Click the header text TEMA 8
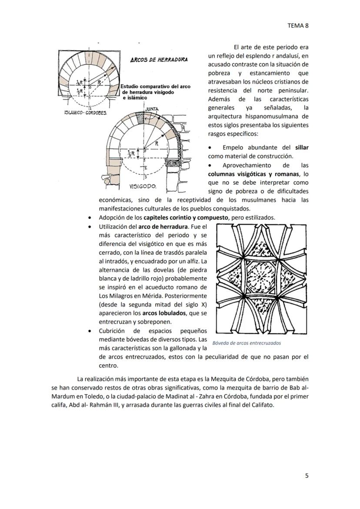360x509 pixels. (x=298, y=26)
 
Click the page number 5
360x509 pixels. (x=307, y=476)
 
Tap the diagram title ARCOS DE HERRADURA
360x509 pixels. (x=159, y=60)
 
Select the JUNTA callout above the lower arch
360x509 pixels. (x=152, y=109)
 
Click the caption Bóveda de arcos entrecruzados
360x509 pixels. (x=247, y=343)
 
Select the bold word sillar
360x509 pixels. (x=301, y=148)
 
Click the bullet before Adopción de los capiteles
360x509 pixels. (x=90, y=218)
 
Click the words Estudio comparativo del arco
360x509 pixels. (x=156, y=86)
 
